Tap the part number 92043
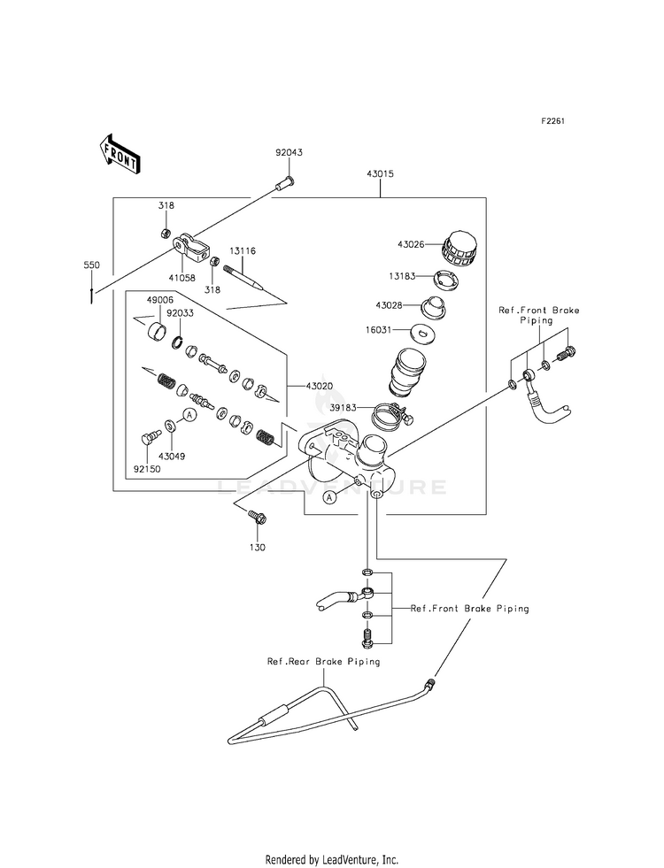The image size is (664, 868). (290, 152)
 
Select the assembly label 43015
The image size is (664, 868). (380, 173)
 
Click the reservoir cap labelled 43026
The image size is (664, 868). (459, 250)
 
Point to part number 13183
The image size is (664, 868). (402, 276)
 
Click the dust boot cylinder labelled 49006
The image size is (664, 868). (158, 332)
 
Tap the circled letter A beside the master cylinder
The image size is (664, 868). (330, 497)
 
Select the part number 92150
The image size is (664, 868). (147, 469)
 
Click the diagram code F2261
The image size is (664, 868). (552, 121)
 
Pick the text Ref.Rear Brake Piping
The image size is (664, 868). (324, 662)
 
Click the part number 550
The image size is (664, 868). (91, 265)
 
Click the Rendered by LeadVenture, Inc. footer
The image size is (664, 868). (332, 859)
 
